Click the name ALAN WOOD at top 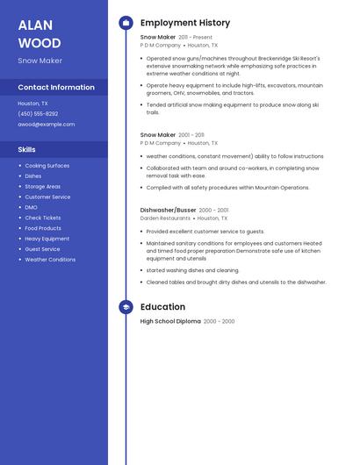pyautogui.click(x=40, y=33)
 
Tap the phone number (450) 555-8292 pyautogui.click(x=38, y=113)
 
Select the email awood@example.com pyautogui.click(x=47, y=124)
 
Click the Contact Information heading pyautogui.click(x=56, y=87)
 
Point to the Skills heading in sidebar pyautogui.click(x=27, y=149)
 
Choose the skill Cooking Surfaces pyautogui.click(x=47, y=165)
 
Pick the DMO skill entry pyautogui.click(x=32, y=207)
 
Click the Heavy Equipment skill pyautogui.click(x=47, y=239)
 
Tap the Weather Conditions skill pyautogui.click(x=50, y=260)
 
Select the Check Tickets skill pyautogui.click(x=43, y=218)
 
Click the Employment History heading pyautogui.click(x=185, y=23)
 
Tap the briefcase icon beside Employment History pyautogui.click(x=126, y=23)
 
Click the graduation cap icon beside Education pyautogui.click(x=126, y=307)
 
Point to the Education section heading pyautogui.click(x=162, y=307)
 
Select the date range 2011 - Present pyautogui.click(x=195, y=38)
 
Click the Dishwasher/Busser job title pyautogui.click(x=168, y=211)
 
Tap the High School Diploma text pyautogui.click(x=170, y=321)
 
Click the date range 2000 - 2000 pyautogui.click(x=219, y=321)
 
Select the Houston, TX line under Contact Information pyautogui.click(x=32, y=103)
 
